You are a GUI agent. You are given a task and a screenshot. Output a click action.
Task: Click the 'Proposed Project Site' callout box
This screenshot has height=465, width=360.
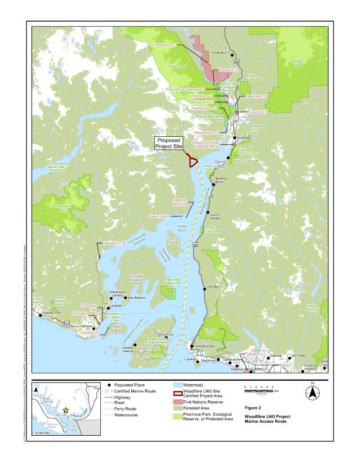pos(169,143)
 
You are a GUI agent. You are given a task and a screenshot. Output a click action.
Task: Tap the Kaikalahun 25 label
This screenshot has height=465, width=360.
pos(115,243)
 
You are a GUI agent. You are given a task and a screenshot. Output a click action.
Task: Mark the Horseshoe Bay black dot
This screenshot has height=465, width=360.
pos(192,346)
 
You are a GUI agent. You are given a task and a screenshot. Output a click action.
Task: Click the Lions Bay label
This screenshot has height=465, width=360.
pos(213,286)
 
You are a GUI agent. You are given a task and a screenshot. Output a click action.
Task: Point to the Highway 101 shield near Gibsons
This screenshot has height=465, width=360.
pos(67,324)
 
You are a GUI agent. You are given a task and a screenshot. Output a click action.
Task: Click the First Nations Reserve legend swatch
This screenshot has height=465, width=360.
pos(183,404)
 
